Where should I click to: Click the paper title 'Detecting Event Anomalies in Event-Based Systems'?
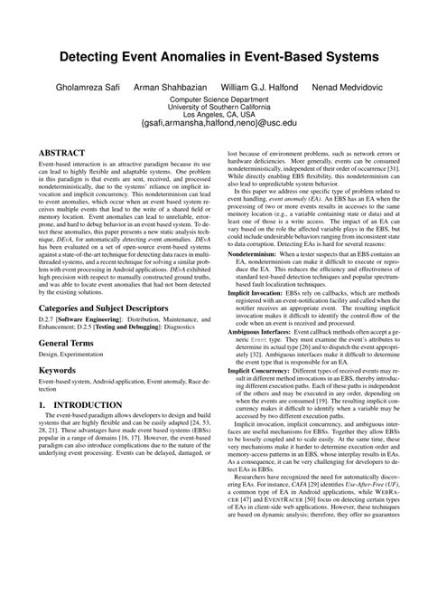point(214,56)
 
